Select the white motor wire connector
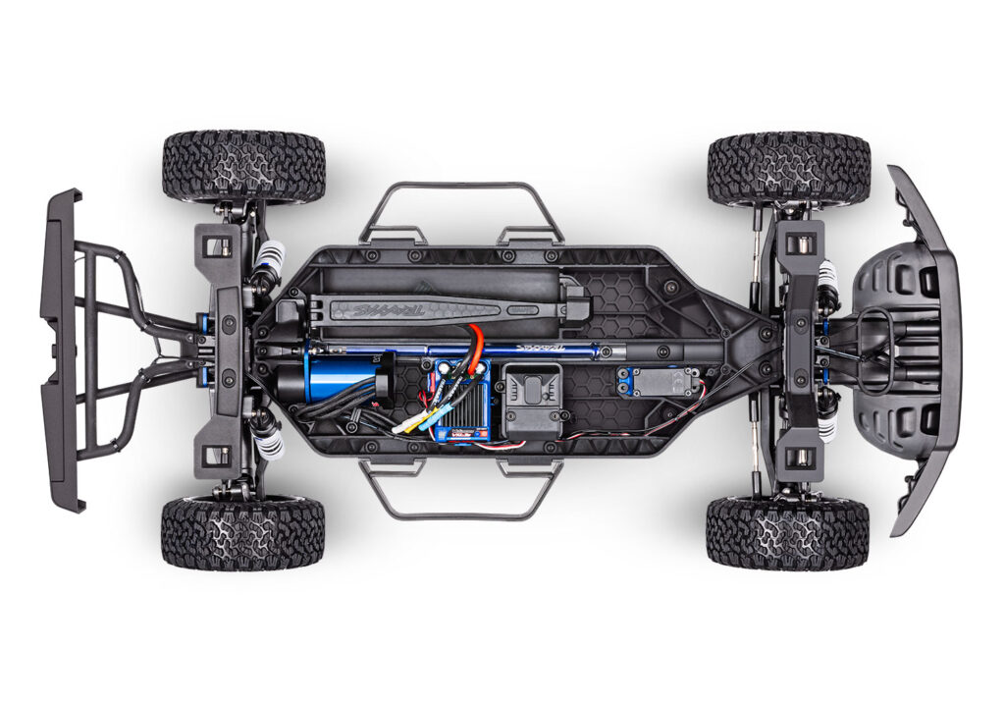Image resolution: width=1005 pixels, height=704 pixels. [400, 429]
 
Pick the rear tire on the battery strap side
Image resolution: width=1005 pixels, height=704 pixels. [243, 166]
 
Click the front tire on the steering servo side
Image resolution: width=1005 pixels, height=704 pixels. [787, 533]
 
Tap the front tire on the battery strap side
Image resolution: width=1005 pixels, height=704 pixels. [788, 168]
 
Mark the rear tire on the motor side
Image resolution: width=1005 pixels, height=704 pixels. [242, 533]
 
